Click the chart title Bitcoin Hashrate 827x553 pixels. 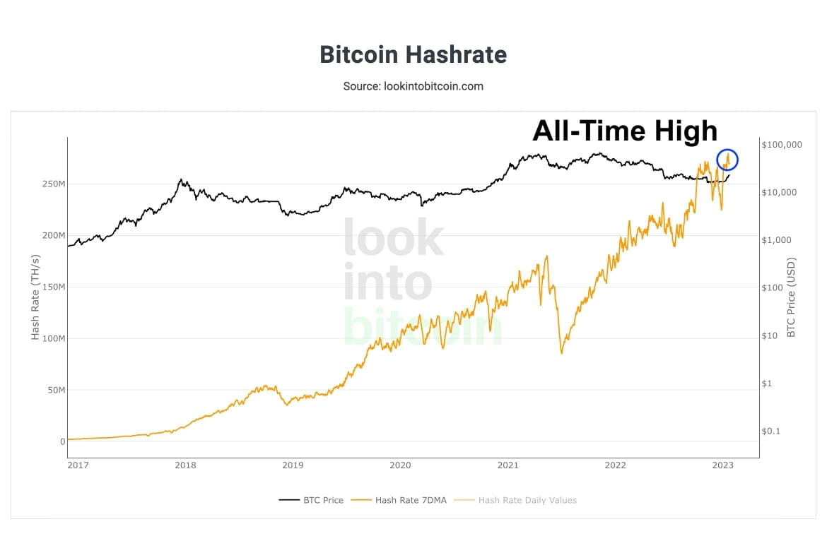pyautogui.click(x=413, y=54)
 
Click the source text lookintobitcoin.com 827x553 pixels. pyautogui.click(x=413, y=86)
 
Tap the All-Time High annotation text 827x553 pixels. pyautogui.click(x=624, y=131)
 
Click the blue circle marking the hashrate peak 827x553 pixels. pyautogui.click(x=727, y=160)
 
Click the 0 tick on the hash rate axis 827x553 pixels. pyautogui.click(x=62, y=441)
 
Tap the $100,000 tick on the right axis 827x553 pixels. pyautogui.click(x=782, y=145)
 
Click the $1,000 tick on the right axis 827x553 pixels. pyautogui.click(x=776, y=240)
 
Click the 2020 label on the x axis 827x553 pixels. pyautogui.click(x=400, y=465)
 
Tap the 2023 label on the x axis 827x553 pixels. pyautogui.click(x=722, y=465)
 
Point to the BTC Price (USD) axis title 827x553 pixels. pyautogui.click(x=791, y=297)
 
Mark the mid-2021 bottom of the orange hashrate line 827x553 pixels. pyautogui.click(x=561, y=352)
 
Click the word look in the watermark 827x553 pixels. pyautogui.click(x=393, y=238)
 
